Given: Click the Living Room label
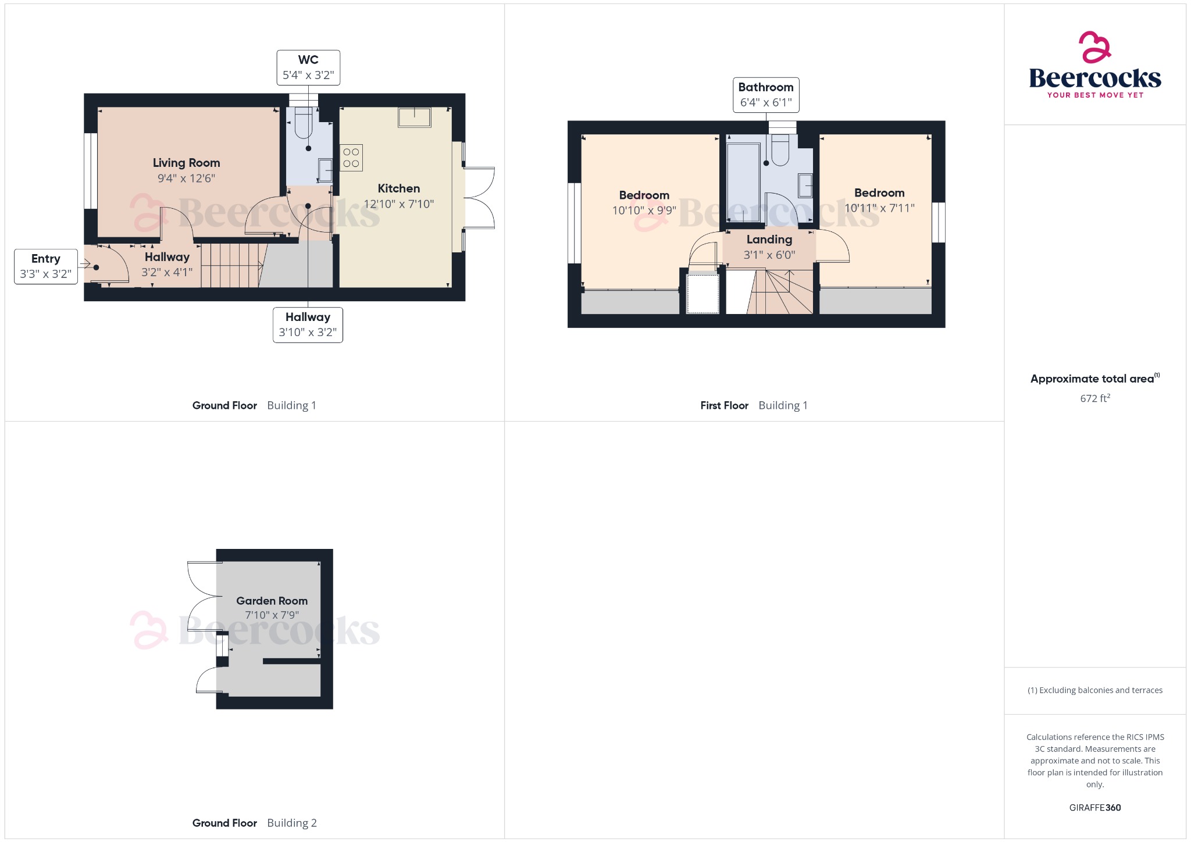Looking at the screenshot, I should point(186,163).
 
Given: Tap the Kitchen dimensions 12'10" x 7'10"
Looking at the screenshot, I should point(399,204).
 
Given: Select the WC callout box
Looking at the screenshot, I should point(308,67).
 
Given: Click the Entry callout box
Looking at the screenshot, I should point(46,266).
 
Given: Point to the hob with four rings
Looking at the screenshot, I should point(351,158).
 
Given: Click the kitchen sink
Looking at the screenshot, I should point(414,117).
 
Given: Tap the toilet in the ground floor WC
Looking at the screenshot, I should point(304,123).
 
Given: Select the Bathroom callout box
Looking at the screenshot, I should point(766,95).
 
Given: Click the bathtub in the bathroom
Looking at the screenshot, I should point(743,177).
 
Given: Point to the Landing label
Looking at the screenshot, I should point(769,240).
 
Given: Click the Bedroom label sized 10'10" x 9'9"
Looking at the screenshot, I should point(644,195).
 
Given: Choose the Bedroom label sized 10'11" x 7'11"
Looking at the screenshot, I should point(879,193).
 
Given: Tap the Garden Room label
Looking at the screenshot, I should point(272,601).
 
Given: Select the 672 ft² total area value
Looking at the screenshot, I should point(1095,398).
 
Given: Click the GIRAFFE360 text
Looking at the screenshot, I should point(1095,807).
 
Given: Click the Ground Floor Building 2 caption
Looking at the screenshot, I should point(254,823).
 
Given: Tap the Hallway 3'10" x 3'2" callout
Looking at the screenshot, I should point(308,325).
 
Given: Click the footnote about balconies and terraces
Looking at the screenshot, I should point(1095,690).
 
